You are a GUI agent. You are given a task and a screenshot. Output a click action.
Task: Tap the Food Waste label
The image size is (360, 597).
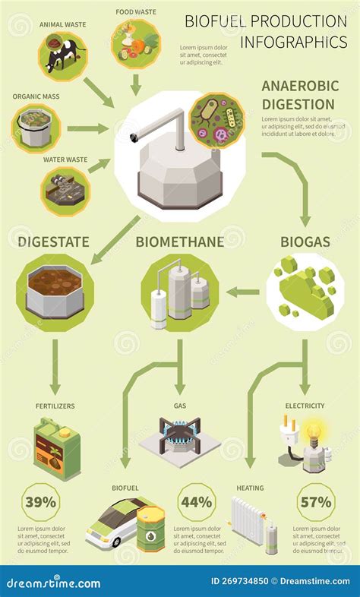[x=136, y=12]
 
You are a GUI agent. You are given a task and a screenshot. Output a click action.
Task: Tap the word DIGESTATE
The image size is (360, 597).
[x=53, y=242]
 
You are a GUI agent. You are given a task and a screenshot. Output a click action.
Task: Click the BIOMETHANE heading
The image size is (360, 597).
[x=179, y=242]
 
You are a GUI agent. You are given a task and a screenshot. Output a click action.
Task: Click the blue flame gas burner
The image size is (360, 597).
[x=179, y=440]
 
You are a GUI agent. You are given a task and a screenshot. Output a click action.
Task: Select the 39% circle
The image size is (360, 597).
[x=39, y=501]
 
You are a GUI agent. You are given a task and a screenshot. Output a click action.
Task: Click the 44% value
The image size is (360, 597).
[x=195, y=501]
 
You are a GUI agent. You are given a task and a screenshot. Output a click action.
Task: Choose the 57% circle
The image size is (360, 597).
[x=315, y=501]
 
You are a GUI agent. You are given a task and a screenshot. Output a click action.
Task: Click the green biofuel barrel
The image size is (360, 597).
[x=151, y=529]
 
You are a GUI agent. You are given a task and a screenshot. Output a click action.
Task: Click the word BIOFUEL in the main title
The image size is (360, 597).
[x=214, y=21]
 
